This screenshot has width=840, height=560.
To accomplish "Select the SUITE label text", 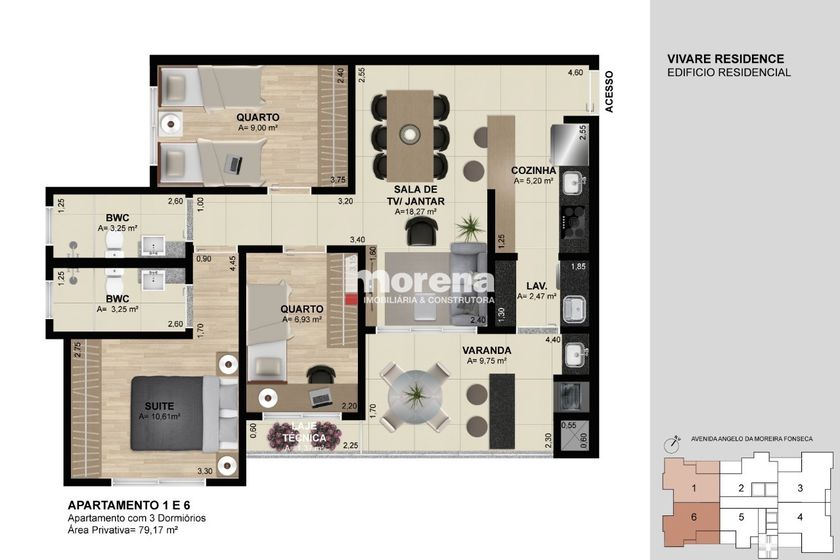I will coord(159,406).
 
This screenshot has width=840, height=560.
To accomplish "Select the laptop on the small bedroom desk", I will coord(321,397).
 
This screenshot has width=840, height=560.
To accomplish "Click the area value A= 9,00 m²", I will coord(259,128).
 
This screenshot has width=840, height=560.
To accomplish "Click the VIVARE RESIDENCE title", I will coord(725,59).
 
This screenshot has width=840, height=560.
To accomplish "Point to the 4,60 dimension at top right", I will coord(575,73).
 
